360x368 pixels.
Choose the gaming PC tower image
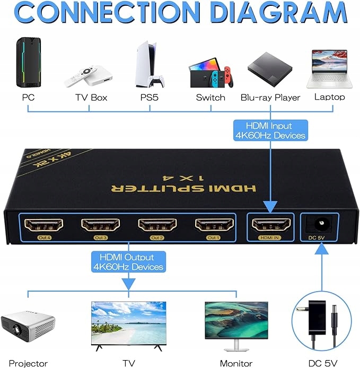click(x=28, y=63)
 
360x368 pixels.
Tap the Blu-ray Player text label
click(x=270, y=98)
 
